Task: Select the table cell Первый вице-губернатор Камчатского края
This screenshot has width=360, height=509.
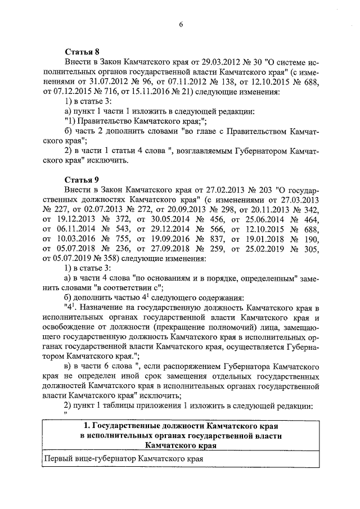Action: [x=123, y=458]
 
